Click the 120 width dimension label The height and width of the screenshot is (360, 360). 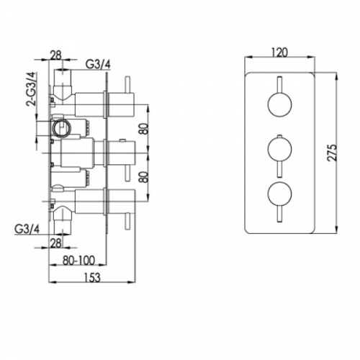(x=280, y=53)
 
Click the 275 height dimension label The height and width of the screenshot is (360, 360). (x=332, y=153)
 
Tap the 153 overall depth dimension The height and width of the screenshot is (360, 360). (x=92, y=277)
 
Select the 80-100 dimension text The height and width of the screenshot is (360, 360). (x=79, y=261)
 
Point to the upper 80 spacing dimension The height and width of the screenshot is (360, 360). (x=144, y=128)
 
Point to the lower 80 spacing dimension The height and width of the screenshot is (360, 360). (x=144, y=177)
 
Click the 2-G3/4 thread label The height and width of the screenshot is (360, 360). (x=32, y=89)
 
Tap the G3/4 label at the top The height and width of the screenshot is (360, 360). (x=99, y=64)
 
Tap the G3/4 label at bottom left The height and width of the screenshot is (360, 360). (x=27, y=229)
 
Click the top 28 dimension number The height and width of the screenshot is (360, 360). (x=56, y=55)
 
